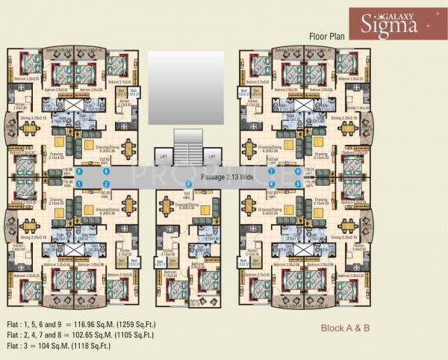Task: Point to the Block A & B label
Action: [346, 327]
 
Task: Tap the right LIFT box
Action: [212, 158]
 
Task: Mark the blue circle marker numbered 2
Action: [106, 184]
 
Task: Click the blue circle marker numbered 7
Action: [272, 171]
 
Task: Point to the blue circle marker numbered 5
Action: [298, 183]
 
